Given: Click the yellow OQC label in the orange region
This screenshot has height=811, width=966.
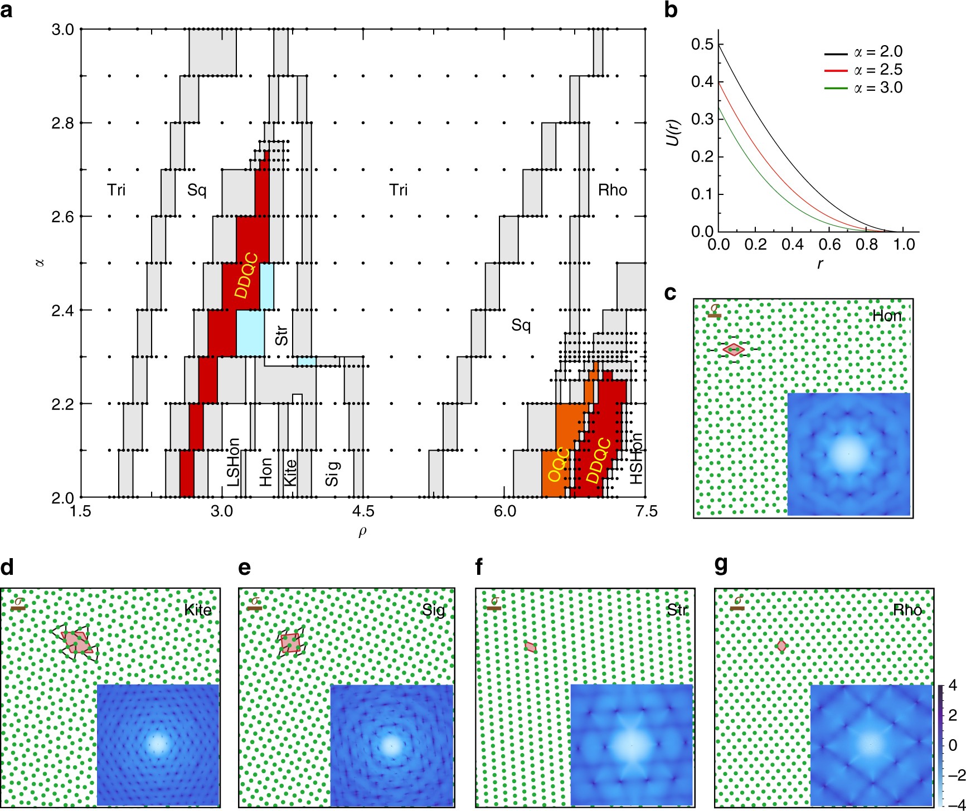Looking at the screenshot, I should coord(559,464).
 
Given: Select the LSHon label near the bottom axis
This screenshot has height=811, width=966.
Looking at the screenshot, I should coord(234,462).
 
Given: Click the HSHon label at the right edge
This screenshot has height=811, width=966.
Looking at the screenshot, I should coord(636,458).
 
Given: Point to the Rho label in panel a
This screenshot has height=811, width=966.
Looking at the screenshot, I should coord(612,190).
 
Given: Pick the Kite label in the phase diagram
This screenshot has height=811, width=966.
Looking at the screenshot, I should coord(290,472).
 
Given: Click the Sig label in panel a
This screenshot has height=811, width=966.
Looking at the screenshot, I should coord(332,473).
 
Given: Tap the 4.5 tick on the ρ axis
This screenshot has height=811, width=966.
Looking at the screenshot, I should coord(363,511).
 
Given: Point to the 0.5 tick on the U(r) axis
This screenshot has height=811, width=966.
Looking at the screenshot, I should coord(702,44).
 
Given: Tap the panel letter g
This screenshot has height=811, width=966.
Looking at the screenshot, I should coord(721,566).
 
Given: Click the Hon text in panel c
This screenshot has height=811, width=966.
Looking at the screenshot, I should coord(886,316).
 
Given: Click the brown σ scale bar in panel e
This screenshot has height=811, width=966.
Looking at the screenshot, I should coord(255,608).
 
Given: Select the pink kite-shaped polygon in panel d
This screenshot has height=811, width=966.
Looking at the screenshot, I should coord(76,642).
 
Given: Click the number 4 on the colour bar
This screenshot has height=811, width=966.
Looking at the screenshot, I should coord(953,685).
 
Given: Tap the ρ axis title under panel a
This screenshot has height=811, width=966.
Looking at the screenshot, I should coord(363,532).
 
